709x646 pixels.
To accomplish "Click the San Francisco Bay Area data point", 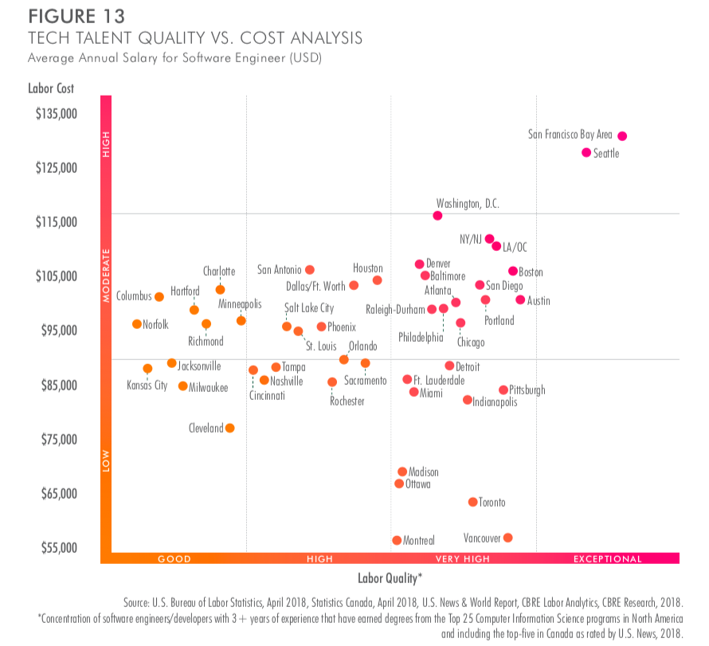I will click(622, 136).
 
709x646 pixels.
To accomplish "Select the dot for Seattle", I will click(586, 152).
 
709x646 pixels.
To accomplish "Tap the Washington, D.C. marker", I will click(437, 216).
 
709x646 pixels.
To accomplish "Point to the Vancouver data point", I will click(507, 538).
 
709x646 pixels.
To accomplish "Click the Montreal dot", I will click(397, 540).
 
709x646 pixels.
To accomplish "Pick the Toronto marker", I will click(472, 502).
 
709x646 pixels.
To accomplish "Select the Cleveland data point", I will click(230, 428).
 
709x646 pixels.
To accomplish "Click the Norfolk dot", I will click(137, 324).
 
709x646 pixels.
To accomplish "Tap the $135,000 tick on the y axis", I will click(56, 113).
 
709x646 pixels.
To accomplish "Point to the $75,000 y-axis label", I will click(56, 439).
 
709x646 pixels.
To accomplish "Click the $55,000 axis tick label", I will click(56, 548).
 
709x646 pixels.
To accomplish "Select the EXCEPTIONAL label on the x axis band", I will click(607, 559).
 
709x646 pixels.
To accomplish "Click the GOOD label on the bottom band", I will click(174, 559).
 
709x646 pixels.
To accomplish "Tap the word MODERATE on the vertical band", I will click(106, 276).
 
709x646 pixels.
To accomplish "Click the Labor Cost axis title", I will click(51, 88).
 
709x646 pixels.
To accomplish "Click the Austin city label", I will click(539, 300).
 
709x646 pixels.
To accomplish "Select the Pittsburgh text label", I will click(527, 390).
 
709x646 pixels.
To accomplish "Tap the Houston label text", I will click(368, 268).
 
